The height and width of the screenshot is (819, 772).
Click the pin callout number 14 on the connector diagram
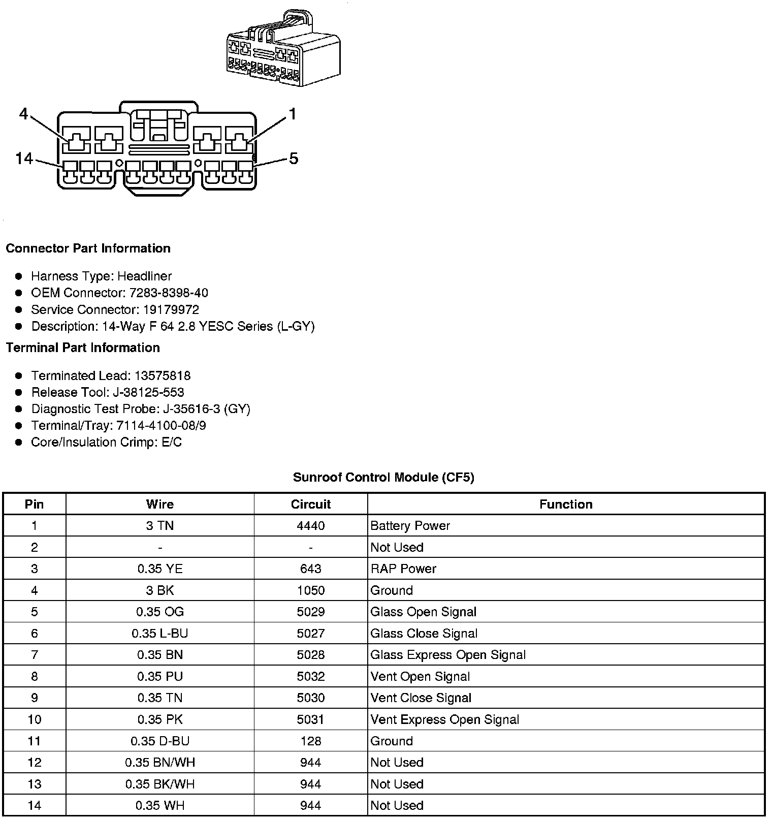pos(24,159)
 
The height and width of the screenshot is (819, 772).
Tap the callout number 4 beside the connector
pos(23,114)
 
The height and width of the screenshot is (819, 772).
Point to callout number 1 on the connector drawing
pos(292,114)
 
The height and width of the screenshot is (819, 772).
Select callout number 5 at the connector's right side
pos(294,159)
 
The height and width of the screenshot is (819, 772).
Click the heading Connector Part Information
pos(88,248)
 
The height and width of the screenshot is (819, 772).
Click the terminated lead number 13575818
pos(163,376)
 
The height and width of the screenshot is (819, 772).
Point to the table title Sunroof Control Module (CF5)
pos(383,478)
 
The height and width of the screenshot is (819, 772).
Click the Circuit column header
pos(310,505)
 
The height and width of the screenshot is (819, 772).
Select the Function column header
pos(566,505)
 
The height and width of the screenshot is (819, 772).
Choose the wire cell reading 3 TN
pos(159,526)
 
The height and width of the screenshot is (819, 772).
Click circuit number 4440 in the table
pos(310,526)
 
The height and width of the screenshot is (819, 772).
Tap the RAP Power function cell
pos(403,569)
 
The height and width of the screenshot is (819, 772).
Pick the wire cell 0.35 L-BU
pos(159,634)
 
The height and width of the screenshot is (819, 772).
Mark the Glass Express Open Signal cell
pos(448,655)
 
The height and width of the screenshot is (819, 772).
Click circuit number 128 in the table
pos(310,741)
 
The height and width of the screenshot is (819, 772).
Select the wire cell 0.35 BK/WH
pos(159,784)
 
